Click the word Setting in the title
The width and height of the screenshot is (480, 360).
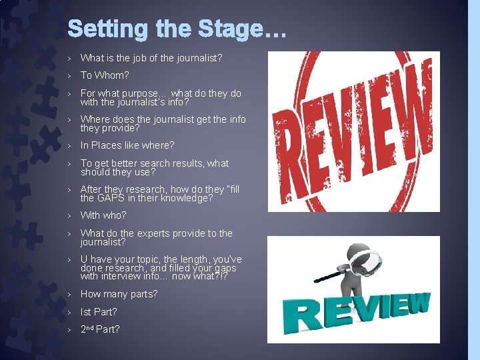[x=109, y=30]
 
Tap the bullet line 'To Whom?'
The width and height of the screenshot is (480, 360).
[x=105, y=75]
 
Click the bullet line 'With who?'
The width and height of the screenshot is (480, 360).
[x=103, y=215]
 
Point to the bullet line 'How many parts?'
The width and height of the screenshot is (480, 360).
[x=119, y=294]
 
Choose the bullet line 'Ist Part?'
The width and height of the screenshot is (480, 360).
[x=99, y=311]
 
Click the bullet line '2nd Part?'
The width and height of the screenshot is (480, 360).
[x=100, y=329]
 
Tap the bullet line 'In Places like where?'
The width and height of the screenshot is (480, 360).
[x=127, y=145]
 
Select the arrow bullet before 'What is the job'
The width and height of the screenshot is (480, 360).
[x=70, y=58]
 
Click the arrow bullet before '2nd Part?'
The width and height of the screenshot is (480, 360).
[x=70, y=329]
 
